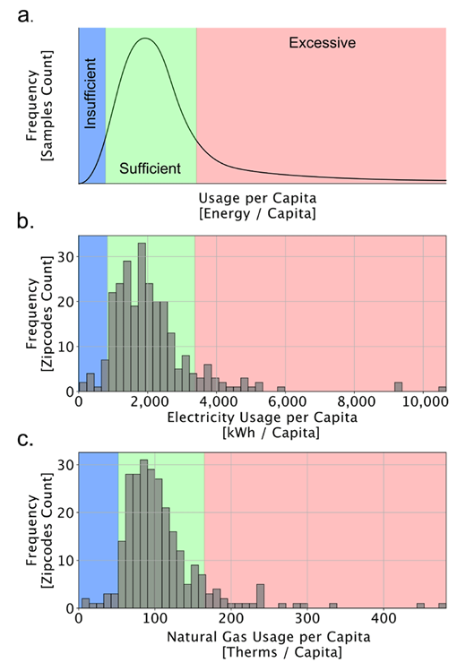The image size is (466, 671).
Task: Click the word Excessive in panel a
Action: pyautogui.click(x=323, y=42)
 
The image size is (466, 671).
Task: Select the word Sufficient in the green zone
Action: pyautogui.click(x=151, y=168)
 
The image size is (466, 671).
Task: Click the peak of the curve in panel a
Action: pyautogui.click(x=144, y=39)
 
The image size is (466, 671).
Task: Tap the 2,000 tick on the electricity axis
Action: pyautogui.click(x=148, y=402)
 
